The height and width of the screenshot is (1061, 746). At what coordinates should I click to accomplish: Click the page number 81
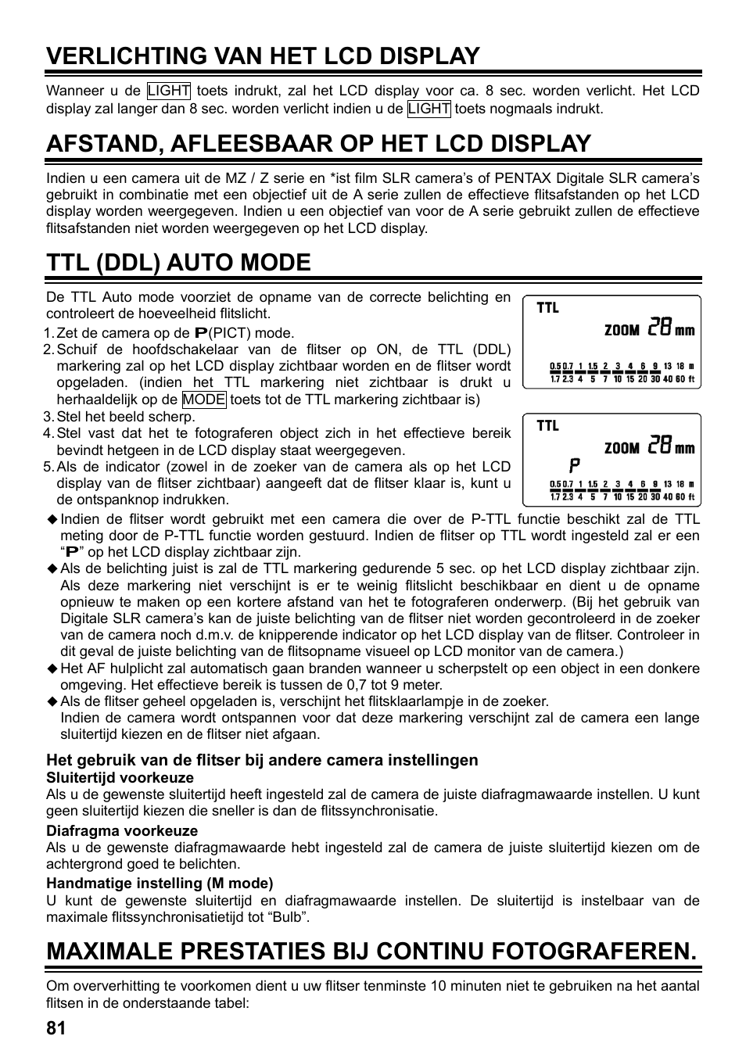click(x=56, y=1029)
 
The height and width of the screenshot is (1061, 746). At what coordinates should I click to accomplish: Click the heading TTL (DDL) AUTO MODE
click(x=178, y=262)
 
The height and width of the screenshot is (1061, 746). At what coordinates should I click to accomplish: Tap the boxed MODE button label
click(x=204, y=400)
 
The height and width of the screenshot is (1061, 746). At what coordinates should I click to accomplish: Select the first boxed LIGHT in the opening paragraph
click(x=168, y=91)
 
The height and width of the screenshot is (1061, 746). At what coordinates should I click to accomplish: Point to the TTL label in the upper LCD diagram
click(x=547, y=308)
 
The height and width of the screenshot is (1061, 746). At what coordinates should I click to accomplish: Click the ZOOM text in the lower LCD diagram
click(x=622, y=448)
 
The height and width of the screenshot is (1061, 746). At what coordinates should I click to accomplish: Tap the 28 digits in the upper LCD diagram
click(x=659, y=328)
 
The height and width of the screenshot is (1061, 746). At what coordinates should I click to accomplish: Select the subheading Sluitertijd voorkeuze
click(x=120, y=777)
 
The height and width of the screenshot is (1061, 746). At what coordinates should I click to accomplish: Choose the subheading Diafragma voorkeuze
click(x=122, y=830)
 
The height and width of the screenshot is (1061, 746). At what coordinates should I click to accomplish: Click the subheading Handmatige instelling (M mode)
click(x=160, y=884)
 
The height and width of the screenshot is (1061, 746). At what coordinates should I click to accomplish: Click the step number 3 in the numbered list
click(x=48, y=417)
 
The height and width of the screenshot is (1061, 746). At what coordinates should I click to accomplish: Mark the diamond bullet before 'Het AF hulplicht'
click(x=52, y=669)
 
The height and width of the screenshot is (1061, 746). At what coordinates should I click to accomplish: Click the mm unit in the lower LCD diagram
click(x=684, y=449)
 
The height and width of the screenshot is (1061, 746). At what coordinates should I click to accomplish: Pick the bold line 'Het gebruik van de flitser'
click(x=262, y=760)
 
